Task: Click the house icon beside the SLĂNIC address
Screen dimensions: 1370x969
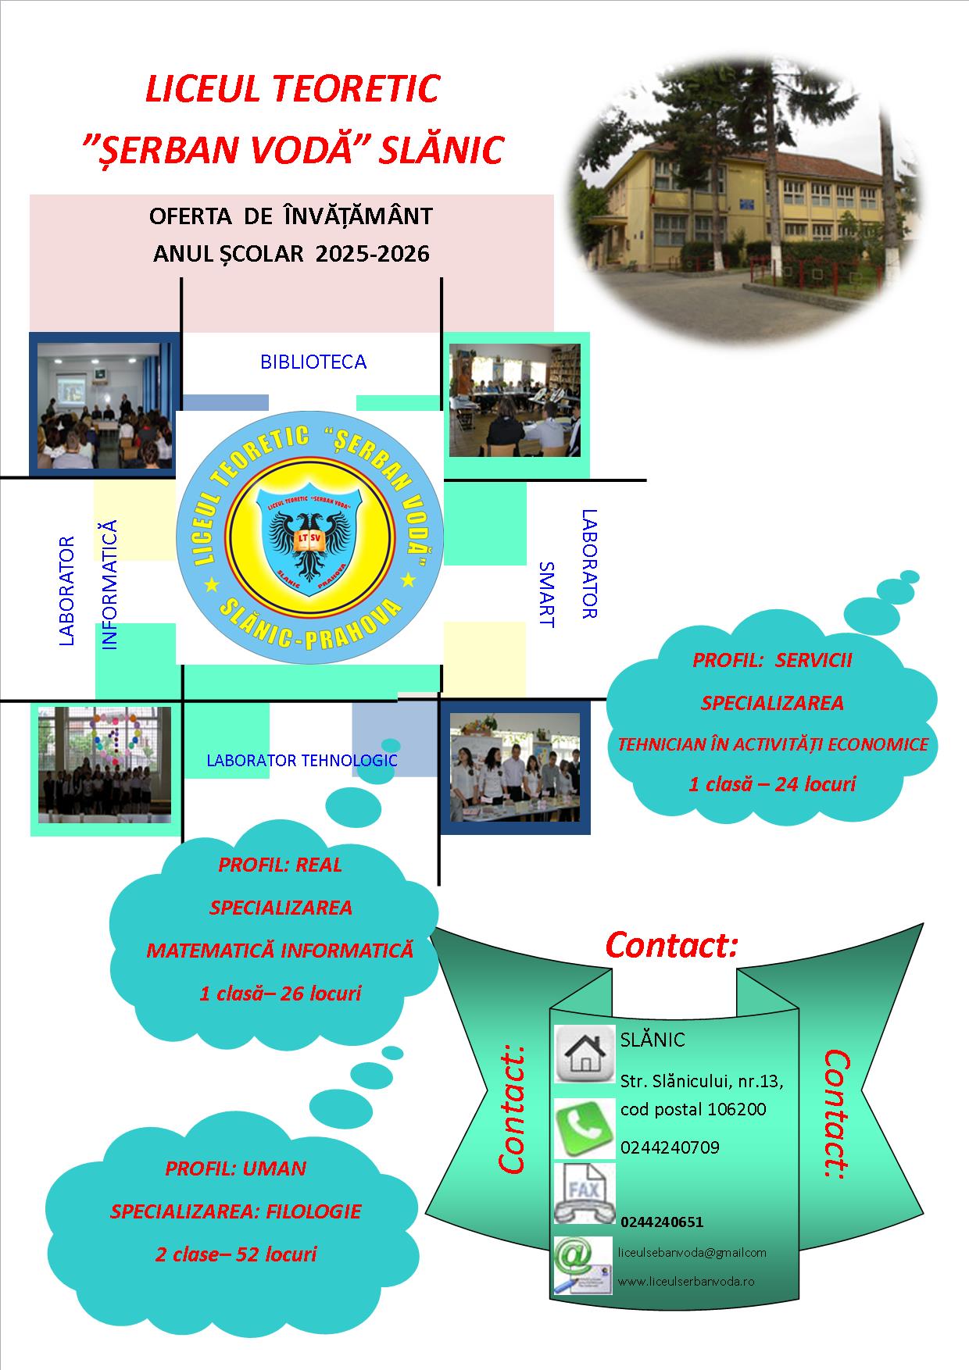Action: click(584, 1054)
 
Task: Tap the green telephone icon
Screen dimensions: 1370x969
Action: click(584, 1128)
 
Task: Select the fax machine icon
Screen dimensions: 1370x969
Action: click(584, 1193)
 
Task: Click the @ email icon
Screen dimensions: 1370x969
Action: click(583, 1265)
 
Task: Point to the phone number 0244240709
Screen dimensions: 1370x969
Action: click(670, 1147)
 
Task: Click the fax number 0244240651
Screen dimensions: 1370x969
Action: click(662, 1222)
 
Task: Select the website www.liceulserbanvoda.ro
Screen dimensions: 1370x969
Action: click(686, 1282)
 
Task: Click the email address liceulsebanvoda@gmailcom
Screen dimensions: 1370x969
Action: click(692, 1252)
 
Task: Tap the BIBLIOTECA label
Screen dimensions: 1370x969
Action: click(313, 362)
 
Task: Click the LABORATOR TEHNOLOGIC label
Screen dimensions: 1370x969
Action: click(302, 761)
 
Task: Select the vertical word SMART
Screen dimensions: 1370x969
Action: click(546, 594)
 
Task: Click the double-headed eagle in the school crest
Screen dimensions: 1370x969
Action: click(310, 543)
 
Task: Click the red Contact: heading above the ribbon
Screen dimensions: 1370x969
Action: click(671, 945)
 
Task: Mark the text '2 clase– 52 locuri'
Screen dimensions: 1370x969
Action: click(236, 1254)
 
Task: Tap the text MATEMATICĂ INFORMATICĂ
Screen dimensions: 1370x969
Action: click(280, 951)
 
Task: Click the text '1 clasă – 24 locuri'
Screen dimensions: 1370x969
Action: click(772, 783)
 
